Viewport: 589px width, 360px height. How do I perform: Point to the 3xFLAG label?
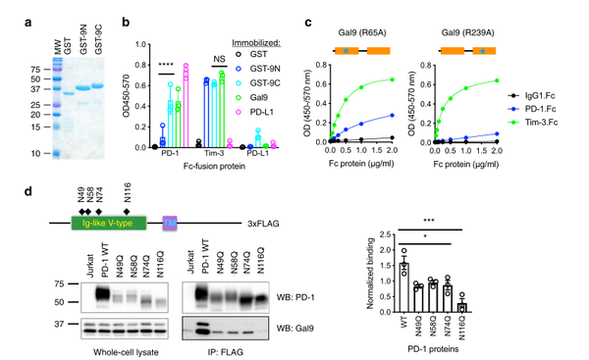click(272, 224)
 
